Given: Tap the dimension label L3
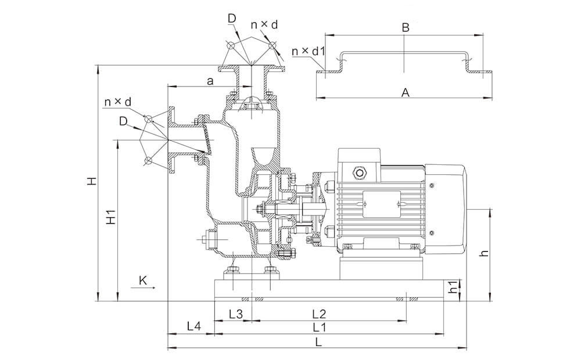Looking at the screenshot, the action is point(236,314).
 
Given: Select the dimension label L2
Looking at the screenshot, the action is point(318,314).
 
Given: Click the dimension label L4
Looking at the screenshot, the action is point(194,326).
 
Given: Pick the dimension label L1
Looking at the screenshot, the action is point(319,327).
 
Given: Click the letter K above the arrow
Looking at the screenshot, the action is point(143,280).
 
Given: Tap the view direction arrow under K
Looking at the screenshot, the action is point(143,287).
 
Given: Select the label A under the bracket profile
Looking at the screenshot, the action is point(406,92).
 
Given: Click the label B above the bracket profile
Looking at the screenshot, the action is point(406,27).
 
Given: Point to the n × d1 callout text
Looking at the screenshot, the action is point(309,51).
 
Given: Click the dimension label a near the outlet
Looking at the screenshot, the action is point(210,81).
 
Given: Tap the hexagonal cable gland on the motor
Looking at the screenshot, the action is point(359,172).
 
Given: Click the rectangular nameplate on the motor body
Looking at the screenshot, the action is point(382,204).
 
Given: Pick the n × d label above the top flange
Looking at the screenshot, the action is point(264,25).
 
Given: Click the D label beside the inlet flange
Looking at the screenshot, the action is point(123,121).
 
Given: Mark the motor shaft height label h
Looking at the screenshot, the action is point(484,253).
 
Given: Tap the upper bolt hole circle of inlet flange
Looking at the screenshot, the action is point(148,119).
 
